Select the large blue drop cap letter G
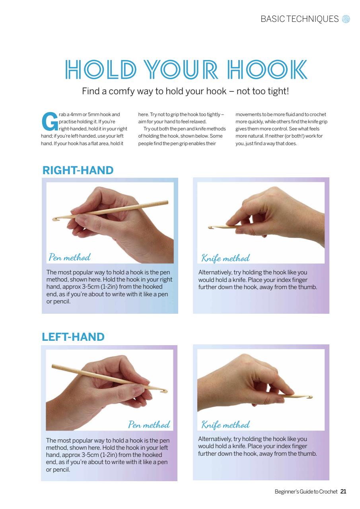(x=49, y=122)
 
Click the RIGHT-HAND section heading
(x=78, y=171)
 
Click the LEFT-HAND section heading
(x=73, y=337)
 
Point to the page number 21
(x=343, y=492)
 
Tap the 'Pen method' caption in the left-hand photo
(x=149, y=424)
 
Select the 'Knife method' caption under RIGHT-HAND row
(x=225, y=258)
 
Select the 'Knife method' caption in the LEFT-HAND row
(x=225, y=425)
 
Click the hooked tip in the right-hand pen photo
(x=55, y=218)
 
